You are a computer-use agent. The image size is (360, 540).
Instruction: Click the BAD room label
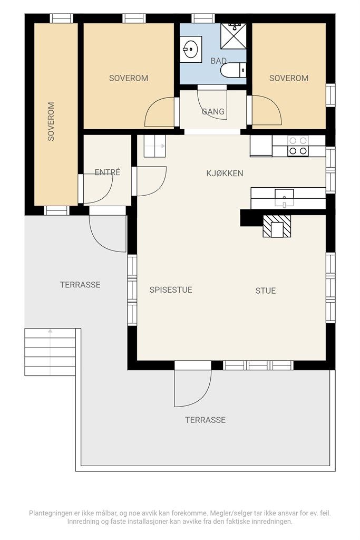click(x=219, y=61)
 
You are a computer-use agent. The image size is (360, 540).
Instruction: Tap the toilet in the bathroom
click(x=233, y=70)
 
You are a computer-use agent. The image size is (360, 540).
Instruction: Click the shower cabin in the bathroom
click(x=233, y=36)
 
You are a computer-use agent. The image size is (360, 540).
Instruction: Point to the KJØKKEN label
click(x=225, y=173)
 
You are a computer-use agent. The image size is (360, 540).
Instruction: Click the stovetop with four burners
click(x=298, y=146)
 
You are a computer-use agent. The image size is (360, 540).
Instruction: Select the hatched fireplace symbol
click(x=277, y=226)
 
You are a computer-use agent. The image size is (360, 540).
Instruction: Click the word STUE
click(x=265, y=291)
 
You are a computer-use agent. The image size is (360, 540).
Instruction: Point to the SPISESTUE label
click(x=171, y=290)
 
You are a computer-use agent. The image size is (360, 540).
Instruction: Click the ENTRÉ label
click(x=108, y=172)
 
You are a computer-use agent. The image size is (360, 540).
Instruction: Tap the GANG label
click(x=213, y=112)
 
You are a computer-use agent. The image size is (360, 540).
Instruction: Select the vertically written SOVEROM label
click(x=51, y=121)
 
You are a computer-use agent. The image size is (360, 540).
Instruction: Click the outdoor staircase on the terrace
click(x=50, y=352)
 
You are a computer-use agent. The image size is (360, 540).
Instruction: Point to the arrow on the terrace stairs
click(x=50, y=352)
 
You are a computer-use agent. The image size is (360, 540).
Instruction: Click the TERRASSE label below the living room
click(x=206, y=420)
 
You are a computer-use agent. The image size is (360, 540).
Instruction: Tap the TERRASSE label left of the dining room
click(x=80, y=285)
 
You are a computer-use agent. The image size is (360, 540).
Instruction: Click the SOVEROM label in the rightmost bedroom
click(x=289, y=78)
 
